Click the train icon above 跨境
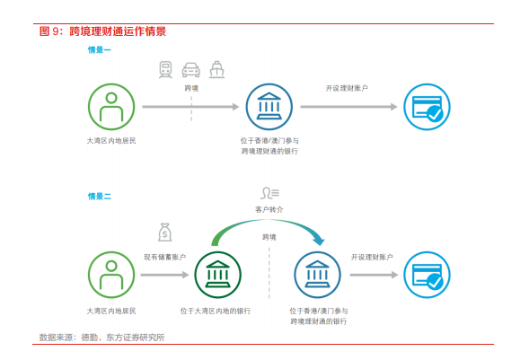click(165, 70)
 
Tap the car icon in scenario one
click(191, 70)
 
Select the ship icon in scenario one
click(216, 69)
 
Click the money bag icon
click(165, 233)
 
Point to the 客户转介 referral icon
click(270, 193)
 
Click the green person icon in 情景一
click(111, 107)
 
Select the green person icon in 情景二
click(111, 275)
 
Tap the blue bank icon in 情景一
click(269, 107)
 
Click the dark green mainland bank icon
click(218, 275)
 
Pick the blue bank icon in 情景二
click(317, 275)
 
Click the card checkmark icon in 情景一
click(428, 107)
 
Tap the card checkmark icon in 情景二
click(428, 275)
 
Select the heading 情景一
click(100, 50)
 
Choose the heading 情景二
click(100, 197)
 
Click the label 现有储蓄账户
click(164, 257)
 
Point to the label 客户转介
click(269, 210)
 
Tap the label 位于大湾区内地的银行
click(216, 311)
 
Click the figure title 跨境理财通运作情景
click(118, 31)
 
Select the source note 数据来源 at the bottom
click(101, 338)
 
